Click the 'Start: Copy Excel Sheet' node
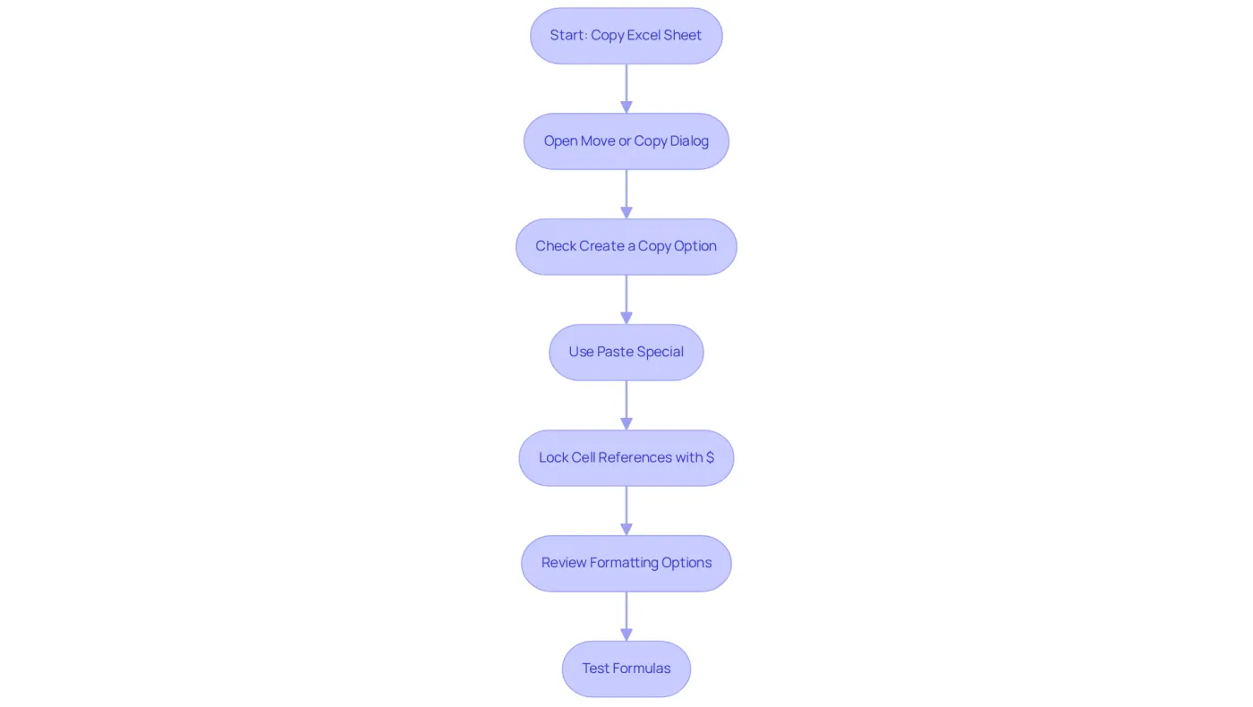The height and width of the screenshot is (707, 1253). tap(626, 36)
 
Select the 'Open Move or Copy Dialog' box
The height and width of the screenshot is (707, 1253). tap(626, 141)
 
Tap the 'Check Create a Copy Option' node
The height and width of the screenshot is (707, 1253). tap(626, 247)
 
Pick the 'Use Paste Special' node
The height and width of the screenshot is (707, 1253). tap(626, 353)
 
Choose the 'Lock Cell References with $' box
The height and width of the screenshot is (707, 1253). tap(626, 458)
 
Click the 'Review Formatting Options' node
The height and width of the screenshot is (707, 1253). tap(626, 563)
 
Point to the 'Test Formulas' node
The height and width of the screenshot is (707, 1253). tap(626, 669)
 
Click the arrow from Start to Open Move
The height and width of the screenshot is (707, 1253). tap(626, 89)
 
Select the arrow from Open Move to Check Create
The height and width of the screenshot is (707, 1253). tap(626, 194)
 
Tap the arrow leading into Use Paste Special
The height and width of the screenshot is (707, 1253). tap(626, 300)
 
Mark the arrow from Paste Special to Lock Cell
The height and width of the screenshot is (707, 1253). tap(626, 405)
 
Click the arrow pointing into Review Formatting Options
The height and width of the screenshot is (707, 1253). tap(626, 511)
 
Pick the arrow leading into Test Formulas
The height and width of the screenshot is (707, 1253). tap(626, 617)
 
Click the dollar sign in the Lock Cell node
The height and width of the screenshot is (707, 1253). tap(710, 457)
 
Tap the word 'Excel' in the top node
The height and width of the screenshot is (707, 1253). tap(644, 35)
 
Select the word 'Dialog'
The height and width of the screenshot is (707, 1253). tap(690, 141)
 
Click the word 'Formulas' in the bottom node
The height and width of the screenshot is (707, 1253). tap(643, 668)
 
